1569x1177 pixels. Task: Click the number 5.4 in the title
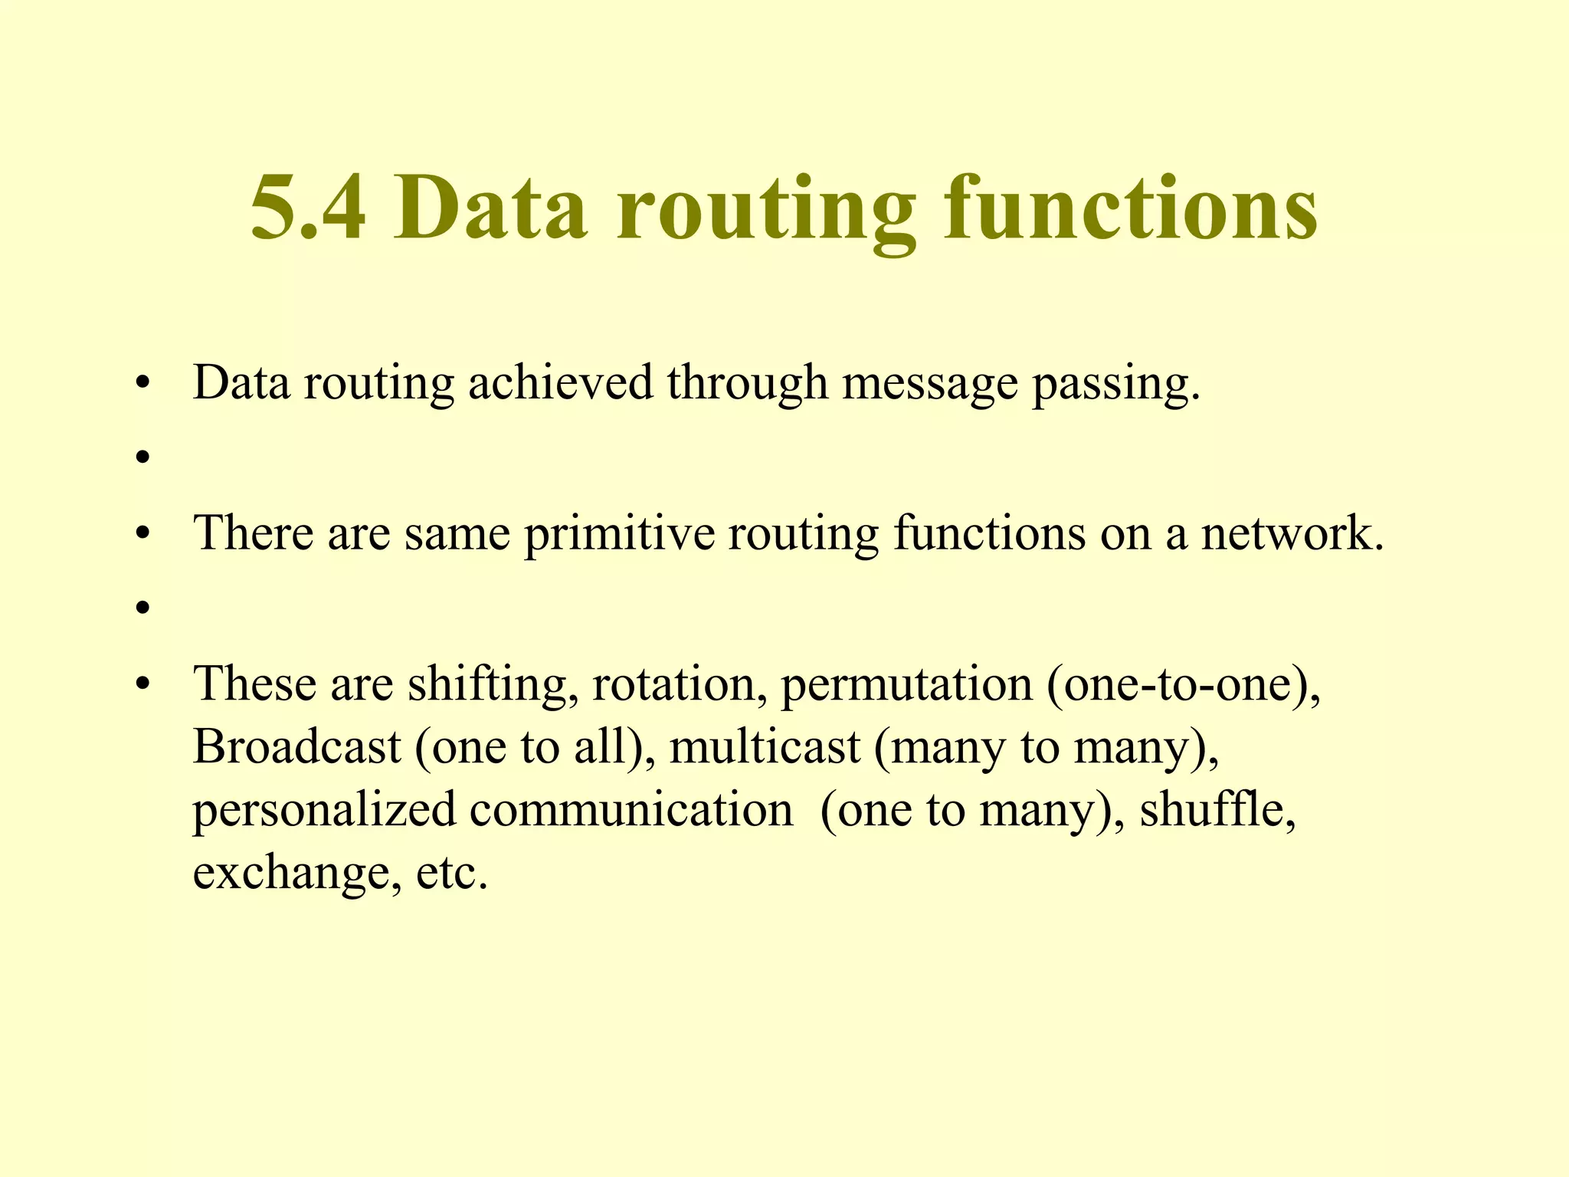[x=308, y=208]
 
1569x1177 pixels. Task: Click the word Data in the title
[x=490, y=208]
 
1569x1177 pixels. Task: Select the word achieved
[x=560, y=382]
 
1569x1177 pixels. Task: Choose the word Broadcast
[x=296, y=746]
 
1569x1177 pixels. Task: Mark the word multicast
[x=764, y=746]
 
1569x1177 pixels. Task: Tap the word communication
[x=631, y=809]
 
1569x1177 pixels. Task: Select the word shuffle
[x=1217, y=809]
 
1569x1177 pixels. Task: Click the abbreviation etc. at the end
[x=452, y=874]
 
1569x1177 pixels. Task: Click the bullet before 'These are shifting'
[x=141, y=684]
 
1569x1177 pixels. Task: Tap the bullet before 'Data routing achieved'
[x=141, y=383]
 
